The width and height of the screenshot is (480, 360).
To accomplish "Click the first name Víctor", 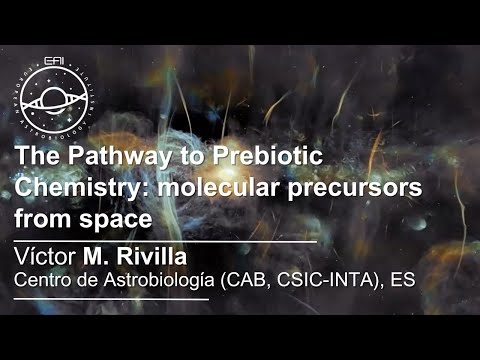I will click(46, 252).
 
